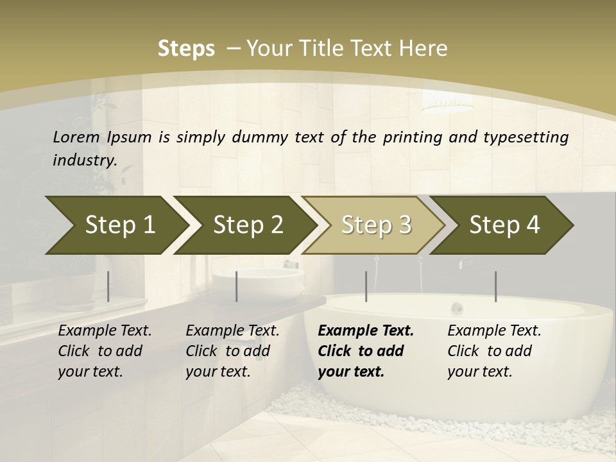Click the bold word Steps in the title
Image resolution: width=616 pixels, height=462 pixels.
click(186, 49)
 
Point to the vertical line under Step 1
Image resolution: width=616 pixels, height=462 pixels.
click(108, 286)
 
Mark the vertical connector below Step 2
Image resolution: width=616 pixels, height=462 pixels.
click(237, 286)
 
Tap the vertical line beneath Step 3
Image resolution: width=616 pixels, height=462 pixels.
click(366, 286)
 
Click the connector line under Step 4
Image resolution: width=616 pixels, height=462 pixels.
click(495, 286)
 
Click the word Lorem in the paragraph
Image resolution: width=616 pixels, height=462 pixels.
click(76, 137)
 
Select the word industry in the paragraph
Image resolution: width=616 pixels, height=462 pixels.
click(85, 160)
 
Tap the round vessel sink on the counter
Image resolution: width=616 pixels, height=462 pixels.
click(257, 282)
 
